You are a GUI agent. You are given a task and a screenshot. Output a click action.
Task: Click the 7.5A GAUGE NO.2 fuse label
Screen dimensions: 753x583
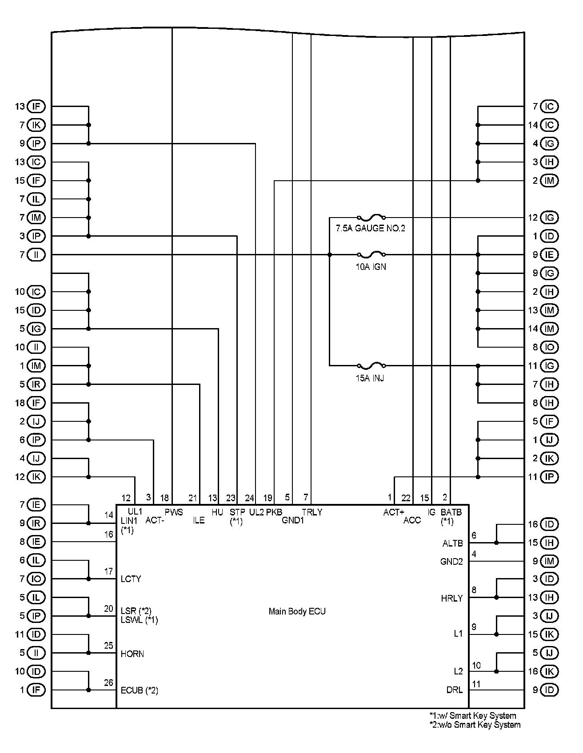370,229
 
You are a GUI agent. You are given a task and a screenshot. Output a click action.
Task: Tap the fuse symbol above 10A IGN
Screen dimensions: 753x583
371,254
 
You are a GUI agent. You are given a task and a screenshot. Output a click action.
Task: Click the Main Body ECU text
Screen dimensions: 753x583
297,611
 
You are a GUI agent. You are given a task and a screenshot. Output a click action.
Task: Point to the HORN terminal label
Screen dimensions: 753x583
132,654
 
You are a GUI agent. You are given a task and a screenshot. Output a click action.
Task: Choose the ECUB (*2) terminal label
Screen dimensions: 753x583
139,690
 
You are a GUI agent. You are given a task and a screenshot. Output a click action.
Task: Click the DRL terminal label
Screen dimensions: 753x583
454,690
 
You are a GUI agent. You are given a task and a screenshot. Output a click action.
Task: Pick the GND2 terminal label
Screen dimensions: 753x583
451,562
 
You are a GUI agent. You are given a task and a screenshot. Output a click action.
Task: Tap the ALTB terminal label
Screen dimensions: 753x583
452,543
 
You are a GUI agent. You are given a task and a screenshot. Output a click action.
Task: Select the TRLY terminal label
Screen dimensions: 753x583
312,512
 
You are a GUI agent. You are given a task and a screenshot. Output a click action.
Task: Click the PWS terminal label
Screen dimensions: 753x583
174,512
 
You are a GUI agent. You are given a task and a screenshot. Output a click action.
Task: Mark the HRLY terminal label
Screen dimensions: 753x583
451,598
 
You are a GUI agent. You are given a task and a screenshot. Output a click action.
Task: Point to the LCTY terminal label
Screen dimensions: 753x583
131,579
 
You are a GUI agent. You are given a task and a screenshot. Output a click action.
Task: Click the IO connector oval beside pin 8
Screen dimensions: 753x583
550,347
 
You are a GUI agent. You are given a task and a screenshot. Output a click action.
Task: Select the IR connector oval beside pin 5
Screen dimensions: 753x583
36,384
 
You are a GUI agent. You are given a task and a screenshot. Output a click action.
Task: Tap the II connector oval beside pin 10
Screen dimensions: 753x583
36,347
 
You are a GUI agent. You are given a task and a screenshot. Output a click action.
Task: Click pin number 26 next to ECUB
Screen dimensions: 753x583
109,683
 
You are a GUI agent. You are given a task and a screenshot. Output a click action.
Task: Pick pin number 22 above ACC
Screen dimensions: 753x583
406,498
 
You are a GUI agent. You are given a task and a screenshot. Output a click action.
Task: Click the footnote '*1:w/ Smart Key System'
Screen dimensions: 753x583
473,716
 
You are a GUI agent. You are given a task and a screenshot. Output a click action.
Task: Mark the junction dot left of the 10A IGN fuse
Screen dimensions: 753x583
329,255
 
